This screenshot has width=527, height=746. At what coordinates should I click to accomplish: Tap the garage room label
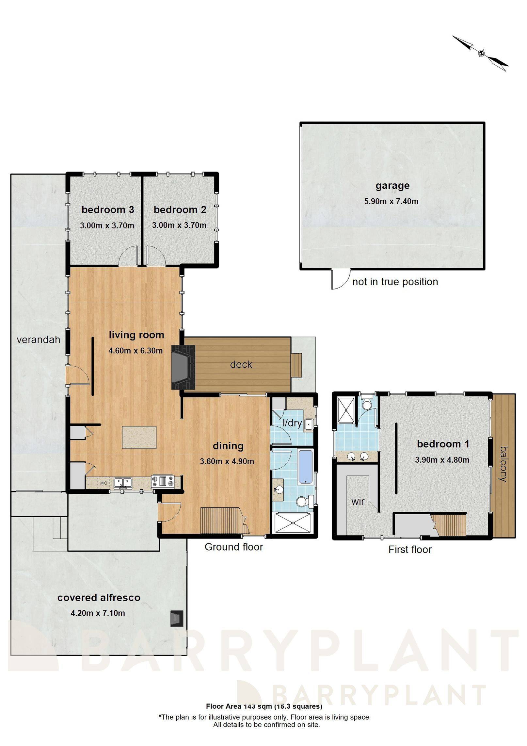392,186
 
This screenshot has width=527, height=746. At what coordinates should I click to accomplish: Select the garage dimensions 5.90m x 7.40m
391,201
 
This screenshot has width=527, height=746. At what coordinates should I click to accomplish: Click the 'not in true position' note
395,282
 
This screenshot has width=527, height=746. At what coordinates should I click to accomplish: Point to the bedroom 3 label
108,209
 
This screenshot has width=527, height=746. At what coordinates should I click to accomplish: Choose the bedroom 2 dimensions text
179,225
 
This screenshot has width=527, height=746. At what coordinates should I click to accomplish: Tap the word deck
241,364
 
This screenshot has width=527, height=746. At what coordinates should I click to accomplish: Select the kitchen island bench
139,437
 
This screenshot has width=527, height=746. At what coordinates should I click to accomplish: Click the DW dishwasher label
104,483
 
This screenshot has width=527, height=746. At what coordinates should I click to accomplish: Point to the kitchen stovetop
163,481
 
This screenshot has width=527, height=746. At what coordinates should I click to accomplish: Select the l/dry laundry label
292,423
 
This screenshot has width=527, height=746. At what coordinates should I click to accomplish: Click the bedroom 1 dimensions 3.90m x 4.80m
442,460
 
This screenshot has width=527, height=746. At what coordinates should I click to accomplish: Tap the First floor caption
410,550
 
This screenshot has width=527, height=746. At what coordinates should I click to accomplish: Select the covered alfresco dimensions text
98,613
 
